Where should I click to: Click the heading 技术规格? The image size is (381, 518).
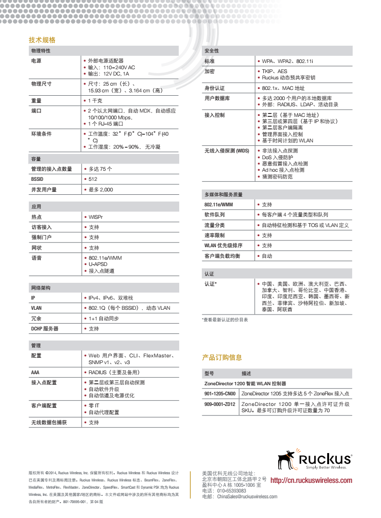click(42, 40)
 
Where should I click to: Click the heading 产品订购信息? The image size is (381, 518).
click(221, 357)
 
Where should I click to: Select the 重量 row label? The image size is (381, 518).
click(37, 101)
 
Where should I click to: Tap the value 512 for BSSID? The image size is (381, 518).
click(93, 179)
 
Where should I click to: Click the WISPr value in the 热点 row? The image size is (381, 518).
click(96, 217)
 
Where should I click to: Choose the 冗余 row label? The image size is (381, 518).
click(37, 318)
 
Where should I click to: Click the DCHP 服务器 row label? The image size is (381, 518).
click(45, 328)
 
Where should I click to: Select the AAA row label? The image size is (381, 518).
click(35, 372)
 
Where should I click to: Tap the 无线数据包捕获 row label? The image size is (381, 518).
click(49, 422)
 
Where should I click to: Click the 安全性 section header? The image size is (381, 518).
click(211, 51)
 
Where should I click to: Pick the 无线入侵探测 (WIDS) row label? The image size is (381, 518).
click(227, 151)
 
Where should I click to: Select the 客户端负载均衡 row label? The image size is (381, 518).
click(222, 256)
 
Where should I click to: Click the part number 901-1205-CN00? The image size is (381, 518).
click(220, 393)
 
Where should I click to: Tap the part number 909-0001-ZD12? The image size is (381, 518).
click(220, 404)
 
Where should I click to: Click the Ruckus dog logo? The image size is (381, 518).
click(288, 459)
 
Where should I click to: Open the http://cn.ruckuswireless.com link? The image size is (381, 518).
click(311, 480)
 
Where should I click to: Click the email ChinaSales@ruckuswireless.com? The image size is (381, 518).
click(247, 497)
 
